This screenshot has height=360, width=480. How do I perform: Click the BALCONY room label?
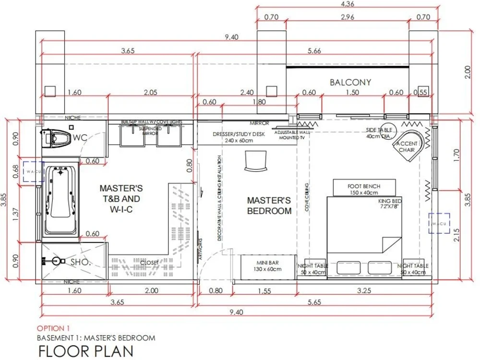click(350, 82)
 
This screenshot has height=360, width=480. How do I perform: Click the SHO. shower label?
click(78, 262)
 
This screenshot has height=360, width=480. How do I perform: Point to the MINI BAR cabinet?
click(262, 266)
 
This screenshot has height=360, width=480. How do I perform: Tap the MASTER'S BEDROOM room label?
click(269, 205)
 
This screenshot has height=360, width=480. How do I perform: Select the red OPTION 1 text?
click(53, 329)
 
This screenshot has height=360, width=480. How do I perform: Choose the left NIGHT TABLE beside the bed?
click(312, 269)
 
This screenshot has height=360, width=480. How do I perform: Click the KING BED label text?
click(390, 201)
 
